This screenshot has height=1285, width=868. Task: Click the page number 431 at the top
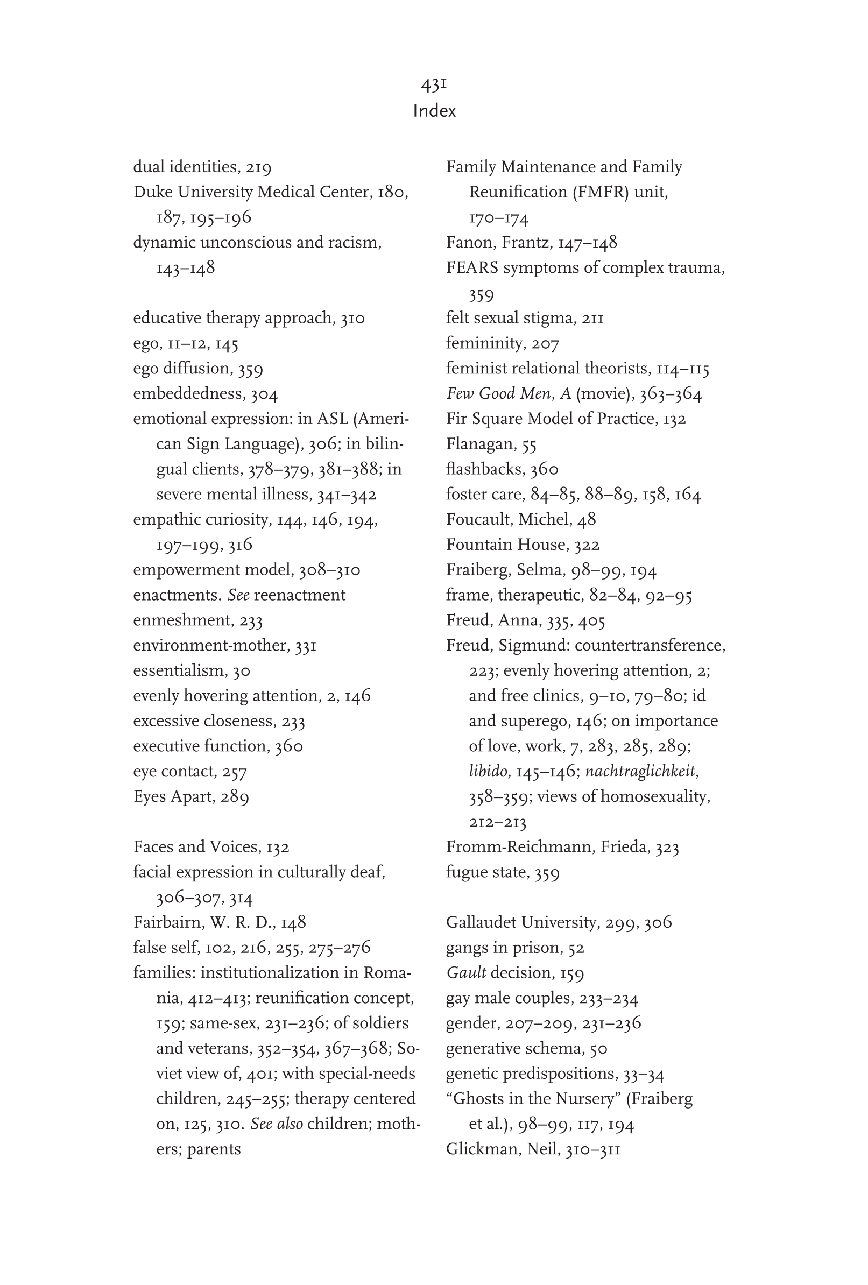click(x=434, y=84)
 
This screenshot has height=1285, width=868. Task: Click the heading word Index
click(x=434, y=111)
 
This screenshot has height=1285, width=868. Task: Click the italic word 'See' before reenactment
click(x=238, y=595)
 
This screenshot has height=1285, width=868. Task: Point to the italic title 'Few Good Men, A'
click(x=508, y=394)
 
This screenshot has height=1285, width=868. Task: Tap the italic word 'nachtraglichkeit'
click(x=641, y=771)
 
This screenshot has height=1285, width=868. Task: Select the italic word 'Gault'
click(x=466, y=972)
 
